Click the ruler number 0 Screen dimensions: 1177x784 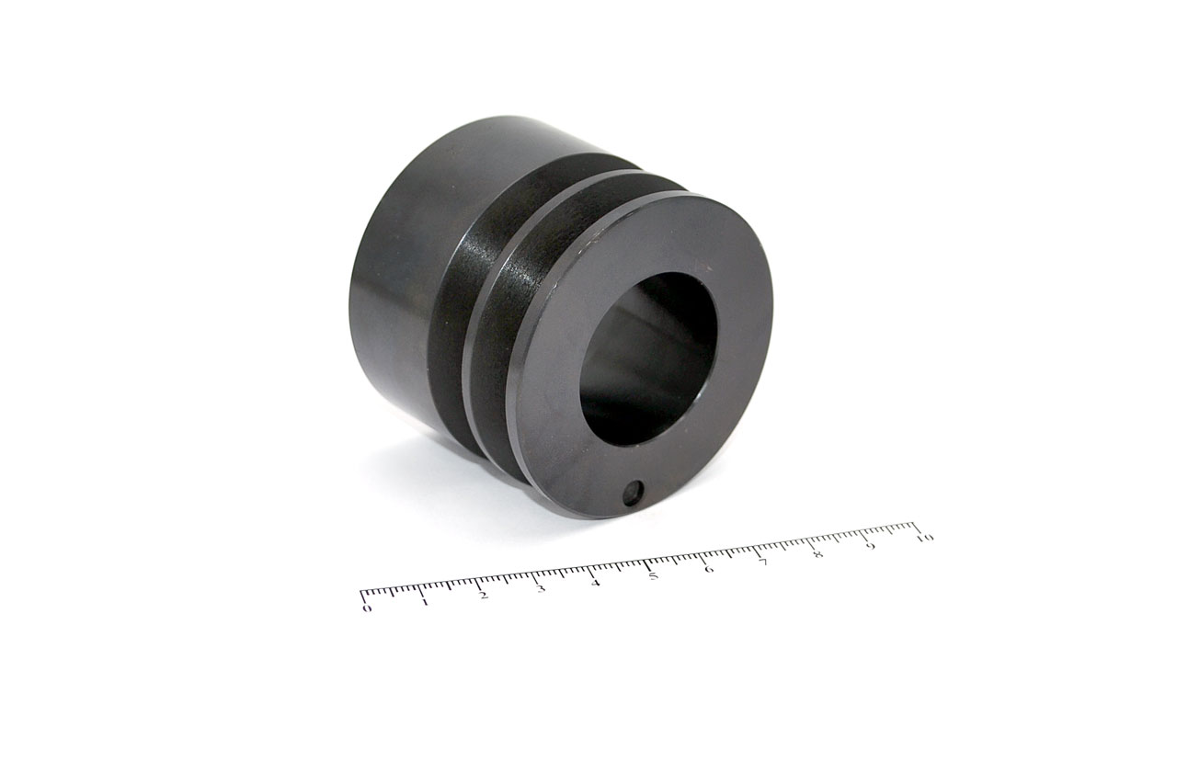[x=367, y=608]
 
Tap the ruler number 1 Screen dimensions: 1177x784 [x=425, y=602]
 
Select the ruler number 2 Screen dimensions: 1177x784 [x=484, y=596]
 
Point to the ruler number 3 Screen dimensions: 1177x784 [x=541, y=588]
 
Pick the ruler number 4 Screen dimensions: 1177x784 [x=595, y=583]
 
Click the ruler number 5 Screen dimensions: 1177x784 [x=653, y=576]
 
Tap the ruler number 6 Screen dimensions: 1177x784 [x=709, y=569]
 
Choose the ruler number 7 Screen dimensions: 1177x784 [x=763, y=562]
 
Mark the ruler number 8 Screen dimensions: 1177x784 [x=817, y=554]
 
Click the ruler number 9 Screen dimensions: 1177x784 [x=871, y=547]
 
